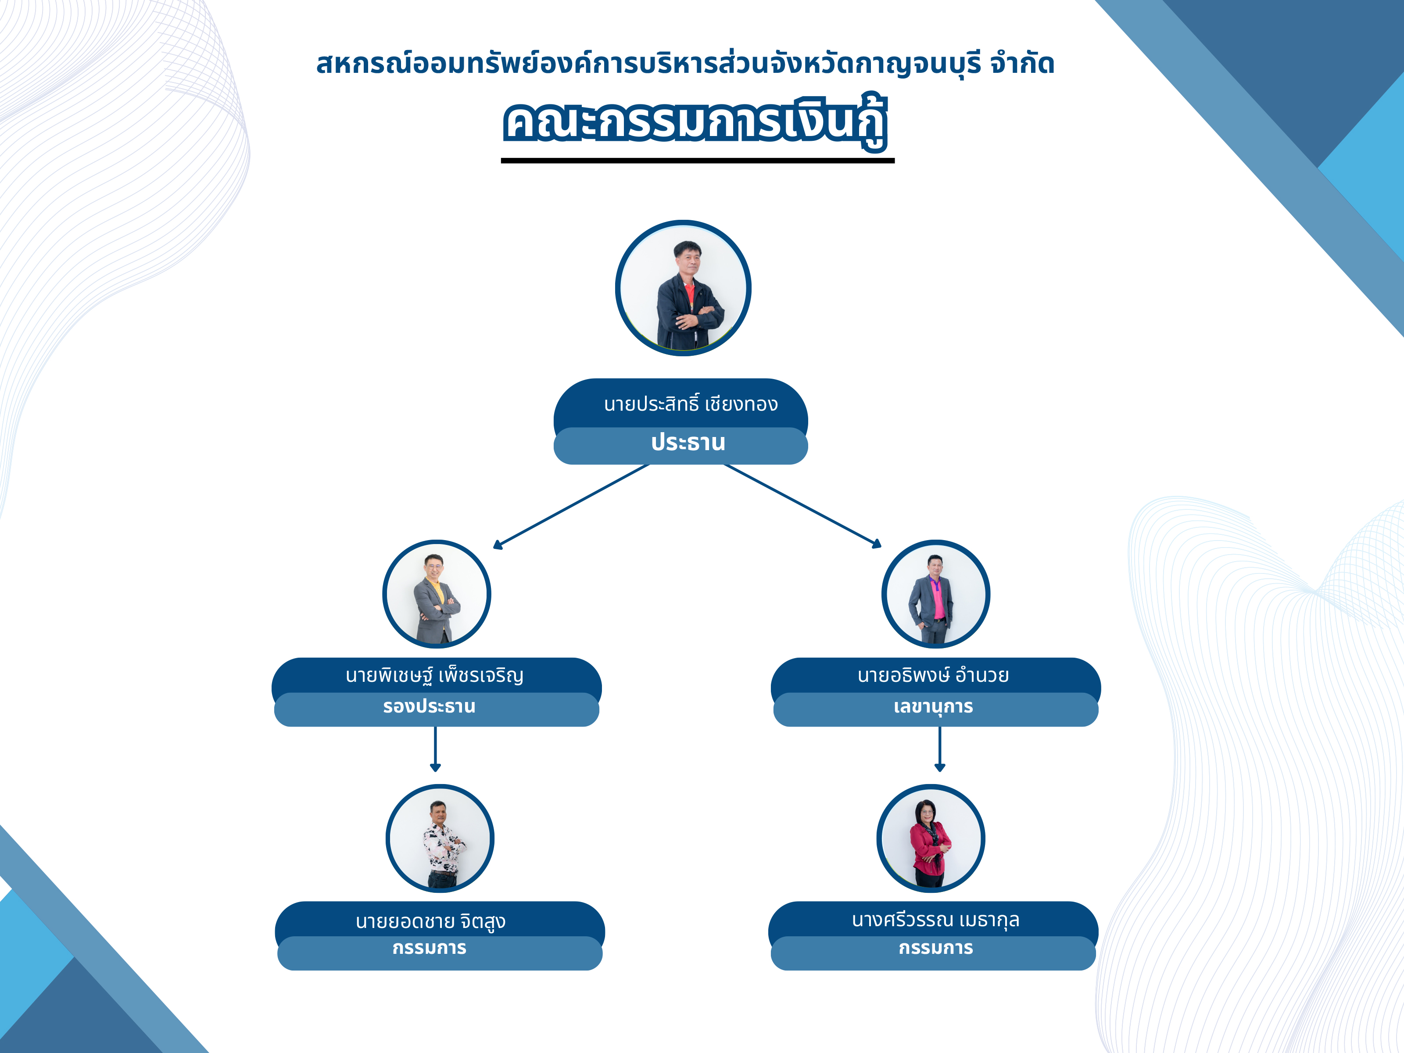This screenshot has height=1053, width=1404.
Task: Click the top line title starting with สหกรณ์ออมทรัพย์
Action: point(685,64)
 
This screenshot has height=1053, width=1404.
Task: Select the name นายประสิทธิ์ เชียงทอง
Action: point(691,404)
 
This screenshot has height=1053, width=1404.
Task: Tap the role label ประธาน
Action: point(688,442)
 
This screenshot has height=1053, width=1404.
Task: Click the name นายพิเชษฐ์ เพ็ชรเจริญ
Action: point(435,675)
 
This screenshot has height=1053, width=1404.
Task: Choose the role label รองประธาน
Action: point(429,706)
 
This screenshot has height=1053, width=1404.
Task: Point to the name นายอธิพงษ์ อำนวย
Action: point(933,675)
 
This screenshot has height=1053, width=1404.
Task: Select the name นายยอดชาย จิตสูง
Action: point(430,921)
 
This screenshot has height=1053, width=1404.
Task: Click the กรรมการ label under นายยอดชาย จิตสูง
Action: point(429,948)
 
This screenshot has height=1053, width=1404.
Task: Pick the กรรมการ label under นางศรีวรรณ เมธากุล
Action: point(935,948)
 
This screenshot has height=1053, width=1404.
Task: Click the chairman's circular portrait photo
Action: point(683,288)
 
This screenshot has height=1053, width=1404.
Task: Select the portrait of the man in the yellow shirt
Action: point(437,594)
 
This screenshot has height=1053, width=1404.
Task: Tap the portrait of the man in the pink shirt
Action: point(935,594)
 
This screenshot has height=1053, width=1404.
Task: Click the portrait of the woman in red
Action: point(931,838)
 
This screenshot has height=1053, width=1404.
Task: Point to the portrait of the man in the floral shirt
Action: point(440,838)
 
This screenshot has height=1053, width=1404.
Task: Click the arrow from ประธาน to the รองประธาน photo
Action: point(571,506)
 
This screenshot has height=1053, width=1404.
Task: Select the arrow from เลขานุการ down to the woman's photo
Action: point(940,749)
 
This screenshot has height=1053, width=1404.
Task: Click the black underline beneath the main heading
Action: point(698,161)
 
